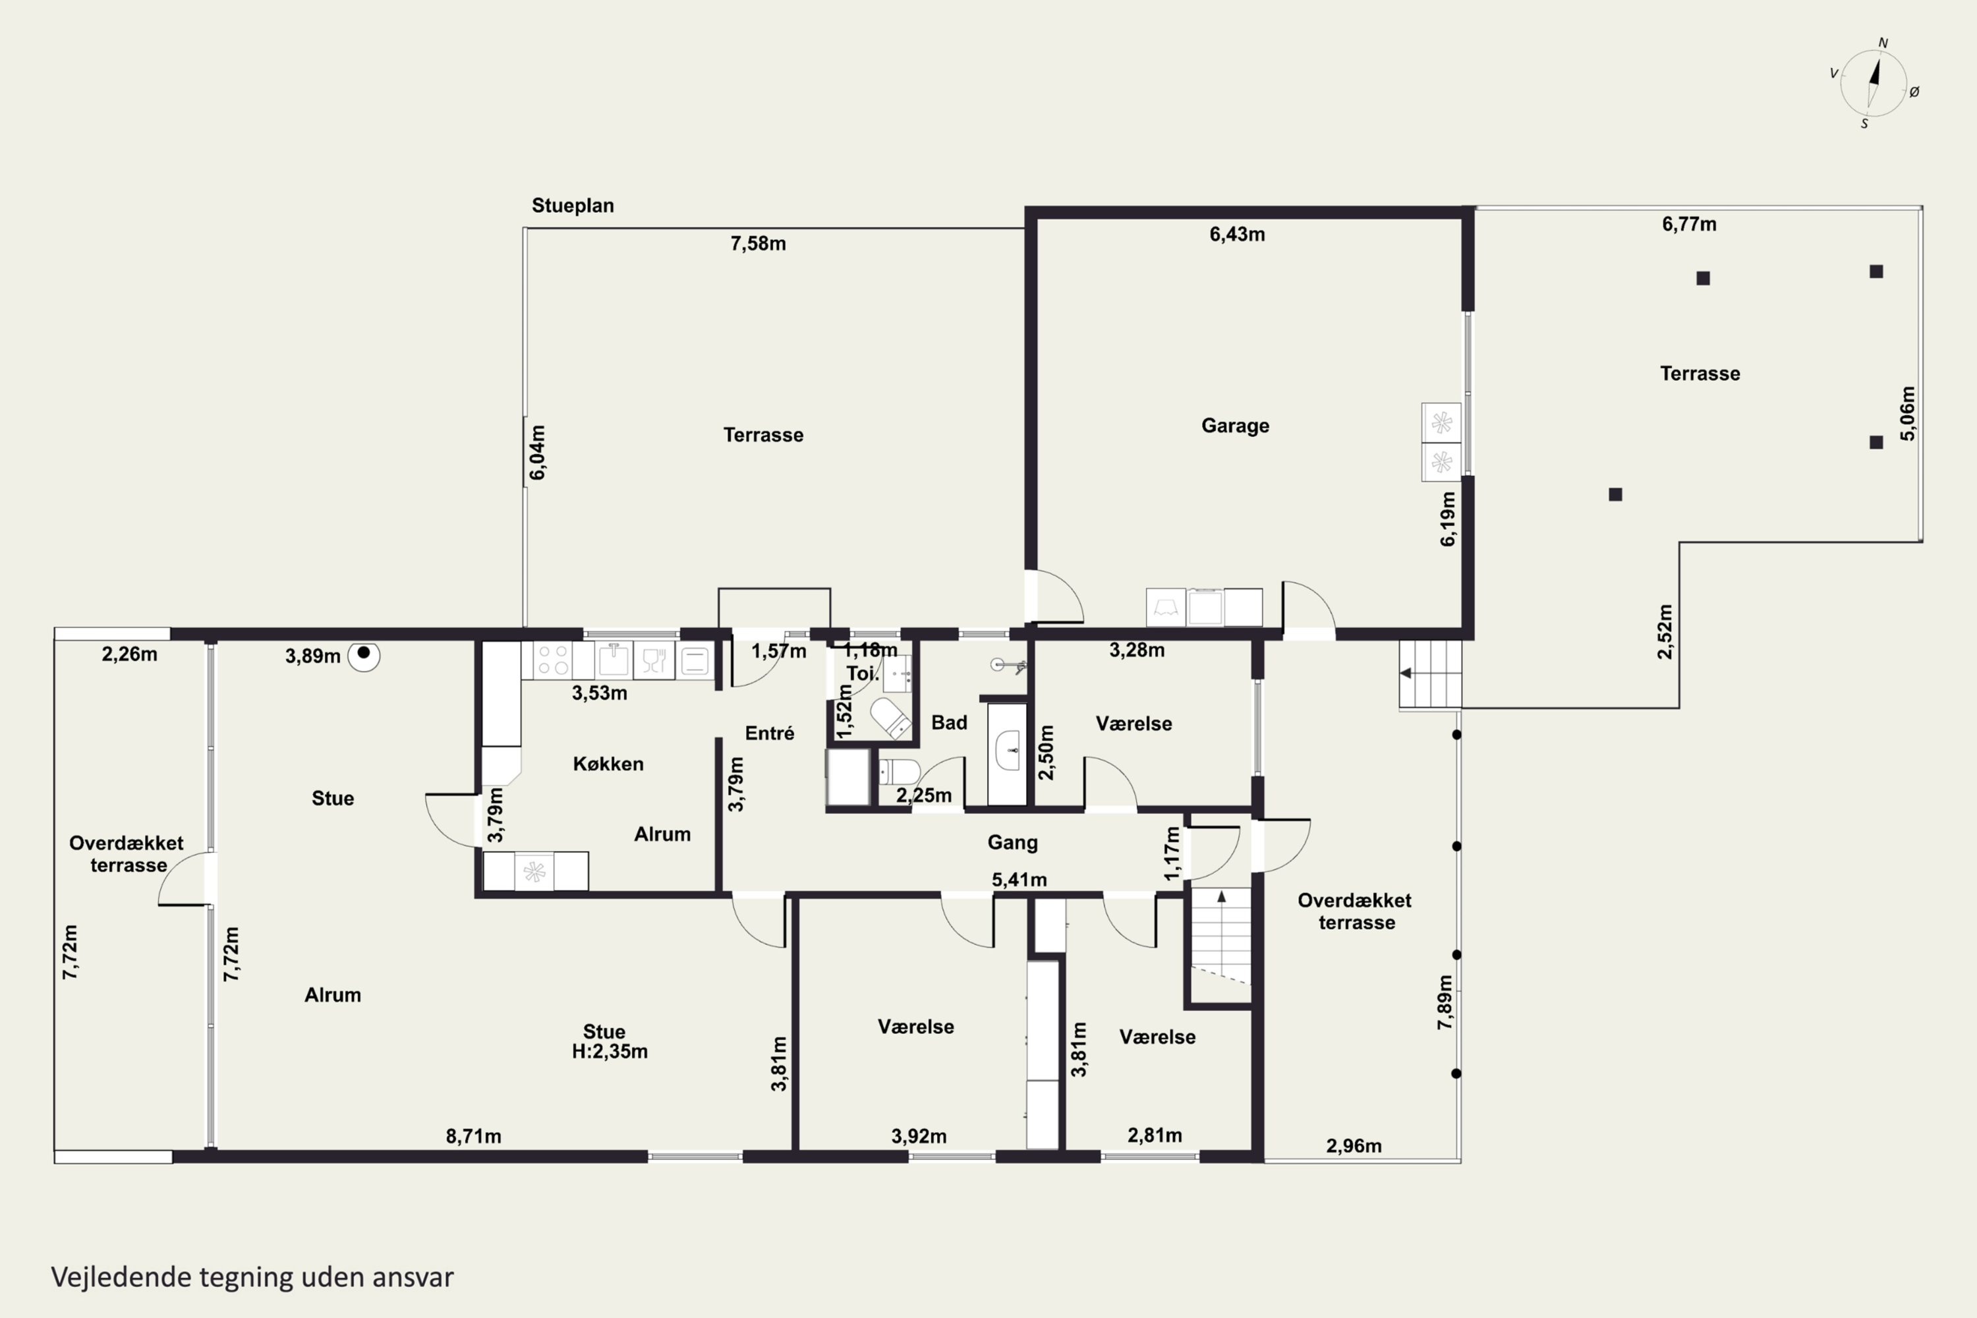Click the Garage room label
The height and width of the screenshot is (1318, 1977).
click(1235, 426)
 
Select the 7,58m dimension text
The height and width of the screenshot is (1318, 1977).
click(759, 244)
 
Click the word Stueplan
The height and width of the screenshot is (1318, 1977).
click(573, 206)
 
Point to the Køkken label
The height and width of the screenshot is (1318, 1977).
click(608, 764)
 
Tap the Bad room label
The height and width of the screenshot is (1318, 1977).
click(949, 723)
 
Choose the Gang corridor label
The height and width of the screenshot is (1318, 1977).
click(1012, 842)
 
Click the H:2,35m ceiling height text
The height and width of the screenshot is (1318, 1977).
click(610, 1052)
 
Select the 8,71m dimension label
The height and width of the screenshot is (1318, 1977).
click(473, 1136)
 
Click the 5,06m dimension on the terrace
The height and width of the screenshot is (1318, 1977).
click(1908, 414)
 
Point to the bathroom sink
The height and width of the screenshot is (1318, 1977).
click(1007, 751)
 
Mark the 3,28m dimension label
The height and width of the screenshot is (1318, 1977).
click(1136, 650)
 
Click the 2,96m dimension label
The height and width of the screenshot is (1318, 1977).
click(1354, 1146)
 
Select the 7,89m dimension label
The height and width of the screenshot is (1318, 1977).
click(1445, 1003)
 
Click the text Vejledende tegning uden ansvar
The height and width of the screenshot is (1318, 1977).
click(252, 1277)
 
